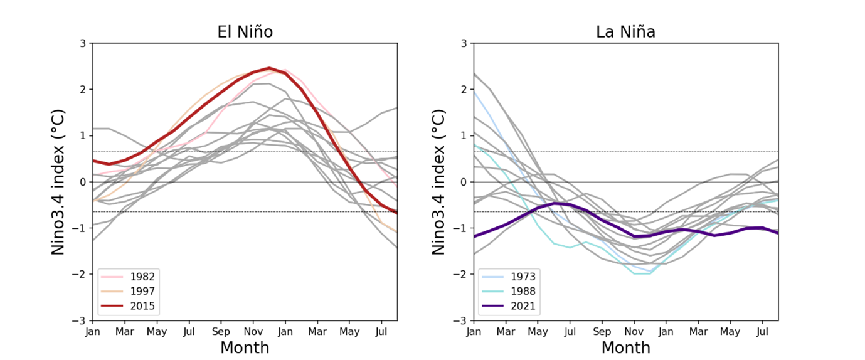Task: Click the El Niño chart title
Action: [x=245, y=31]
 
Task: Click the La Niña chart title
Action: [x=626, y=31]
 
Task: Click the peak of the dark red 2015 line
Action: [x=269, y=68]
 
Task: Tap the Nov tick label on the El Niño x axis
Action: [x=253, y=330]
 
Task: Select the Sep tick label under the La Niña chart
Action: [x=602, y=330]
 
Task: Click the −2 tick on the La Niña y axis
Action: [x=462, y=274]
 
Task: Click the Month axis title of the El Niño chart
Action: [x=245, y=347]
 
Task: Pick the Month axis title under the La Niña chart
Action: [x=626, y=347]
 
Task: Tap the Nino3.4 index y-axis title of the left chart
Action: [x=58, y=182]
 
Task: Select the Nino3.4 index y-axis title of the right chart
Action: [x=440, y=182]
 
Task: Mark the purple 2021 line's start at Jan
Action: [x=474, y=236]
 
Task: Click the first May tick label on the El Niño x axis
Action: [x=157, y=330]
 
